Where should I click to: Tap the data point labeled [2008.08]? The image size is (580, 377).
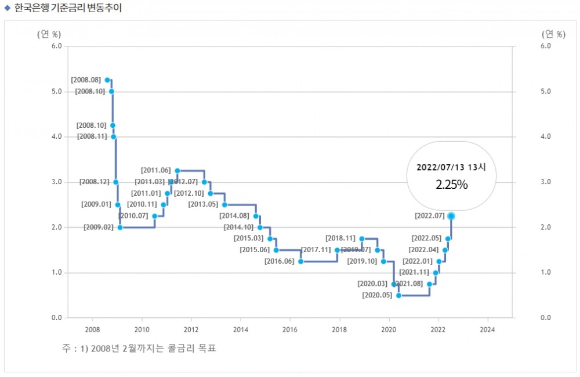click(107, 80)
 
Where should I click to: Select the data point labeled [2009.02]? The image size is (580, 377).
click(120, 227)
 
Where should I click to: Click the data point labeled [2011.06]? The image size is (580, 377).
click(177, 170)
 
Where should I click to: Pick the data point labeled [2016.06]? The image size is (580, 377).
click(300, 261)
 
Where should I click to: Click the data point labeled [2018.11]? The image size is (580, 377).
click(362, 239)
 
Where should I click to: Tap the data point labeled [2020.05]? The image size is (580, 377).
click(399, 296)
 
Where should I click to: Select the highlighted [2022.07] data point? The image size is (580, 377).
click(451, 216)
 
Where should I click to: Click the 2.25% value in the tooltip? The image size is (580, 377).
click(451, 184)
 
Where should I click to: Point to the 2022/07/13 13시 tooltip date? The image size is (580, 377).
click(451, 167)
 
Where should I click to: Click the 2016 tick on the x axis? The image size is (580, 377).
click(290, 329)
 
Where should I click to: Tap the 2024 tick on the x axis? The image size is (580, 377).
click(488, 329)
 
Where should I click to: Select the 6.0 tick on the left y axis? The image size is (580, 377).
click(57, 46)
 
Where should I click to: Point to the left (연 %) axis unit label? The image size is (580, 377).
click(49, 34)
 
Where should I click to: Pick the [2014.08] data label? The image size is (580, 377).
click(234, 216)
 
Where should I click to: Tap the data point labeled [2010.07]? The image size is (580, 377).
click(154, 216)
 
